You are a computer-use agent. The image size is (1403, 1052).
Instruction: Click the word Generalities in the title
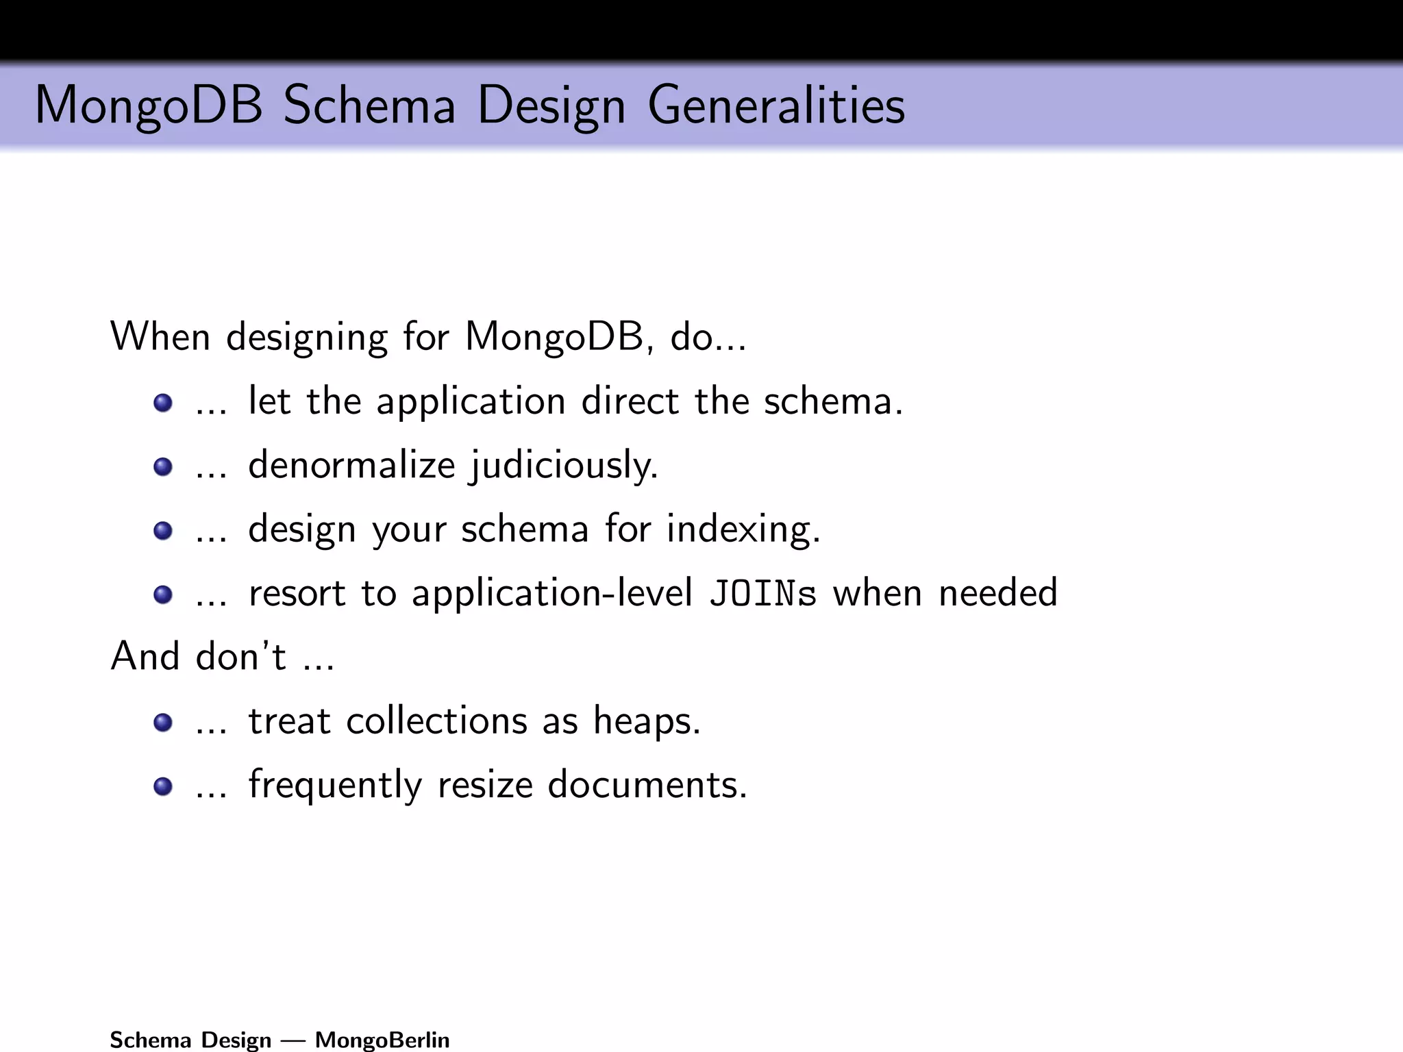(775, 106)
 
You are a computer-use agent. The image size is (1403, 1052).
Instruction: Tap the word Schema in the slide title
(369, 106)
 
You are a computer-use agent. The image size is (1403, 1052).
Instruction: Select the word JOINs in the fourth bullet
(762, 594)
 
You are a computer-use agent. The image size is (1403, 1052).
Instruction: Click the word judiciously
(564, 466)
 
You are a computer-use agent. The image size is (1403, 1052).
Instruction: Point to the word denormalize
(351, 465)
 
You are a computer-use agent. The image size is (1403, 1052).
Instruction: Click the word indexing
(743, 530)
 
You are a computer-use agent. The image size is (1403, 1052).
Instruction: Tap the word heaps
(647, 722)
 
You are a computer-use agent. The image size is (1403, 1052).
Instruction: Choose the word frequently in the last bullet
(335, 786)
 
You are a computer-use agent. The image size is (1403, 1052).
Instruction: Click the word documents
(647, 785)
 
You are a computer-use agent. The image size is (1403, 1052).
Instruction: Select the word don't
(240, 657)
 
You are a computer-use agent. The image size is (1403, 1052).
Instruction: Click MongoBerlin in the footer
(382, 1040)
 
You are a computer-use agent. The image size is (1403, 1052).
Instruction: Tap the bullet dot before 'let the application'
(163, 403)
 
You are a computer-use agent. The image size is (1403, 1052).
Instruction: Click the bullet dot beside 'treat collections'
(163, 723)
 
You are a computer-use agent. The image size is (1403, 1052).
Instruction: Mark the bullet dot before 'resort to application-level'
(163, 594)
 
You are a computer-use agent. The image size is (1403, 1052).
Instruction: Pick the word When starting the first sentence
(160, 337)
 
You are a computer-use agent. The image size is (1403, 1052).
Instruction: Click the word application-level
(551, 594)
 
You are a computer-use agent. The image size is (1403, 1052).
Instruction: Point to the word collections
(436, 721)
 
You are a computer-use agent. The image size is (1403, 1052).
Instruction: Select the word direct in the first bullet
(630, 401)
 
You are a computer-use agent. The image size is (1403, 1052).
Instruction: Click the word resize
(485, 785)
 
